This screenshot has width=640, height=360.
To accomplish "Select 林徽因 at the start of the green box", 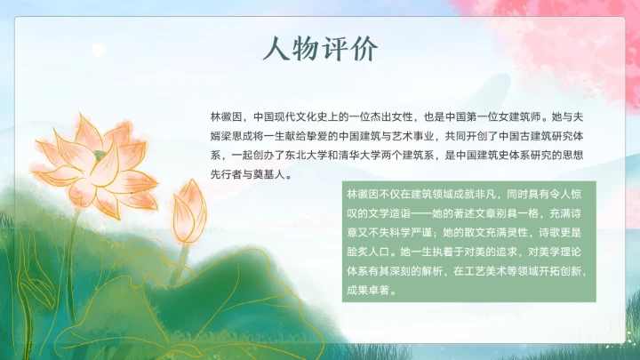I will pyautogui.click(x=364, y=193).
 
